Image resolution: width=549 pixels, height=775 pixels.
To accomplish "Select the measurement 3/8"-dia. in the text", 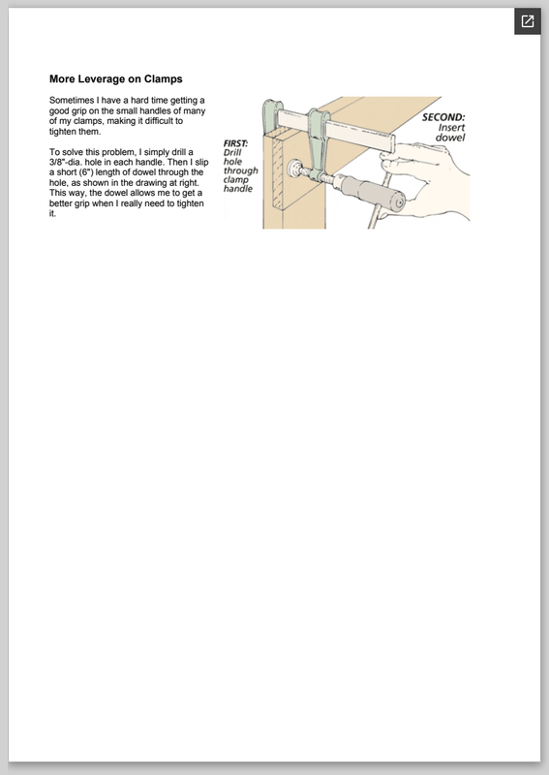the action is click(67, 162).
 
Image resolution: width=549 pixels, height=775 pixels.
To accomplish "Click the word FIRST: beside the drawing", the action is click(235, 143).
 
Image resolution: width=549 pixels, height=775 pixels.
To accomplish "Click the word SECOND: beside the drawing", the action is click(443, 117).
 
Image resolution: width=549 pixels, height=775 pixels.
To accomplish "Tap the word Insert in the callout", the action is click(451, 128).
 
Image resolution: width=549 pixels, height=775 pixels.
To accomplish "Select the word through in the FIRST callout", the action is click(241, 171).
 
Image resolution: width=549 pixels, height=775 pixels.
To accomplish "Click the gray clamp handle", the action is click(371, 193).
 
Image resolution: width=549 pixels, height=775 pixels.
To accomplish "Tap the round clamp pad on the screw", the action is click(295, 169).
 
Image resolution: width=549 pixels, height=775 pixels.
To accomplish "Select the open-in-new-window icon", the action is click(528, 21).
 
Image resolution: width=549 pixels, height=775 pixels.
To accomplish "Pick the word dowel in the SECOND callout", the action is click(450, 138).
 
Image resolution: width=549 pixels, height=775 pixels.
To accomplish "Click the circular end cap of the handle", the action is click(398, 201).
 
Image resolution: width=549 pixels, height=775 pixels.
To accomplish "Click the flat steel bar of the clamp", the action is click(337, 130).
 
